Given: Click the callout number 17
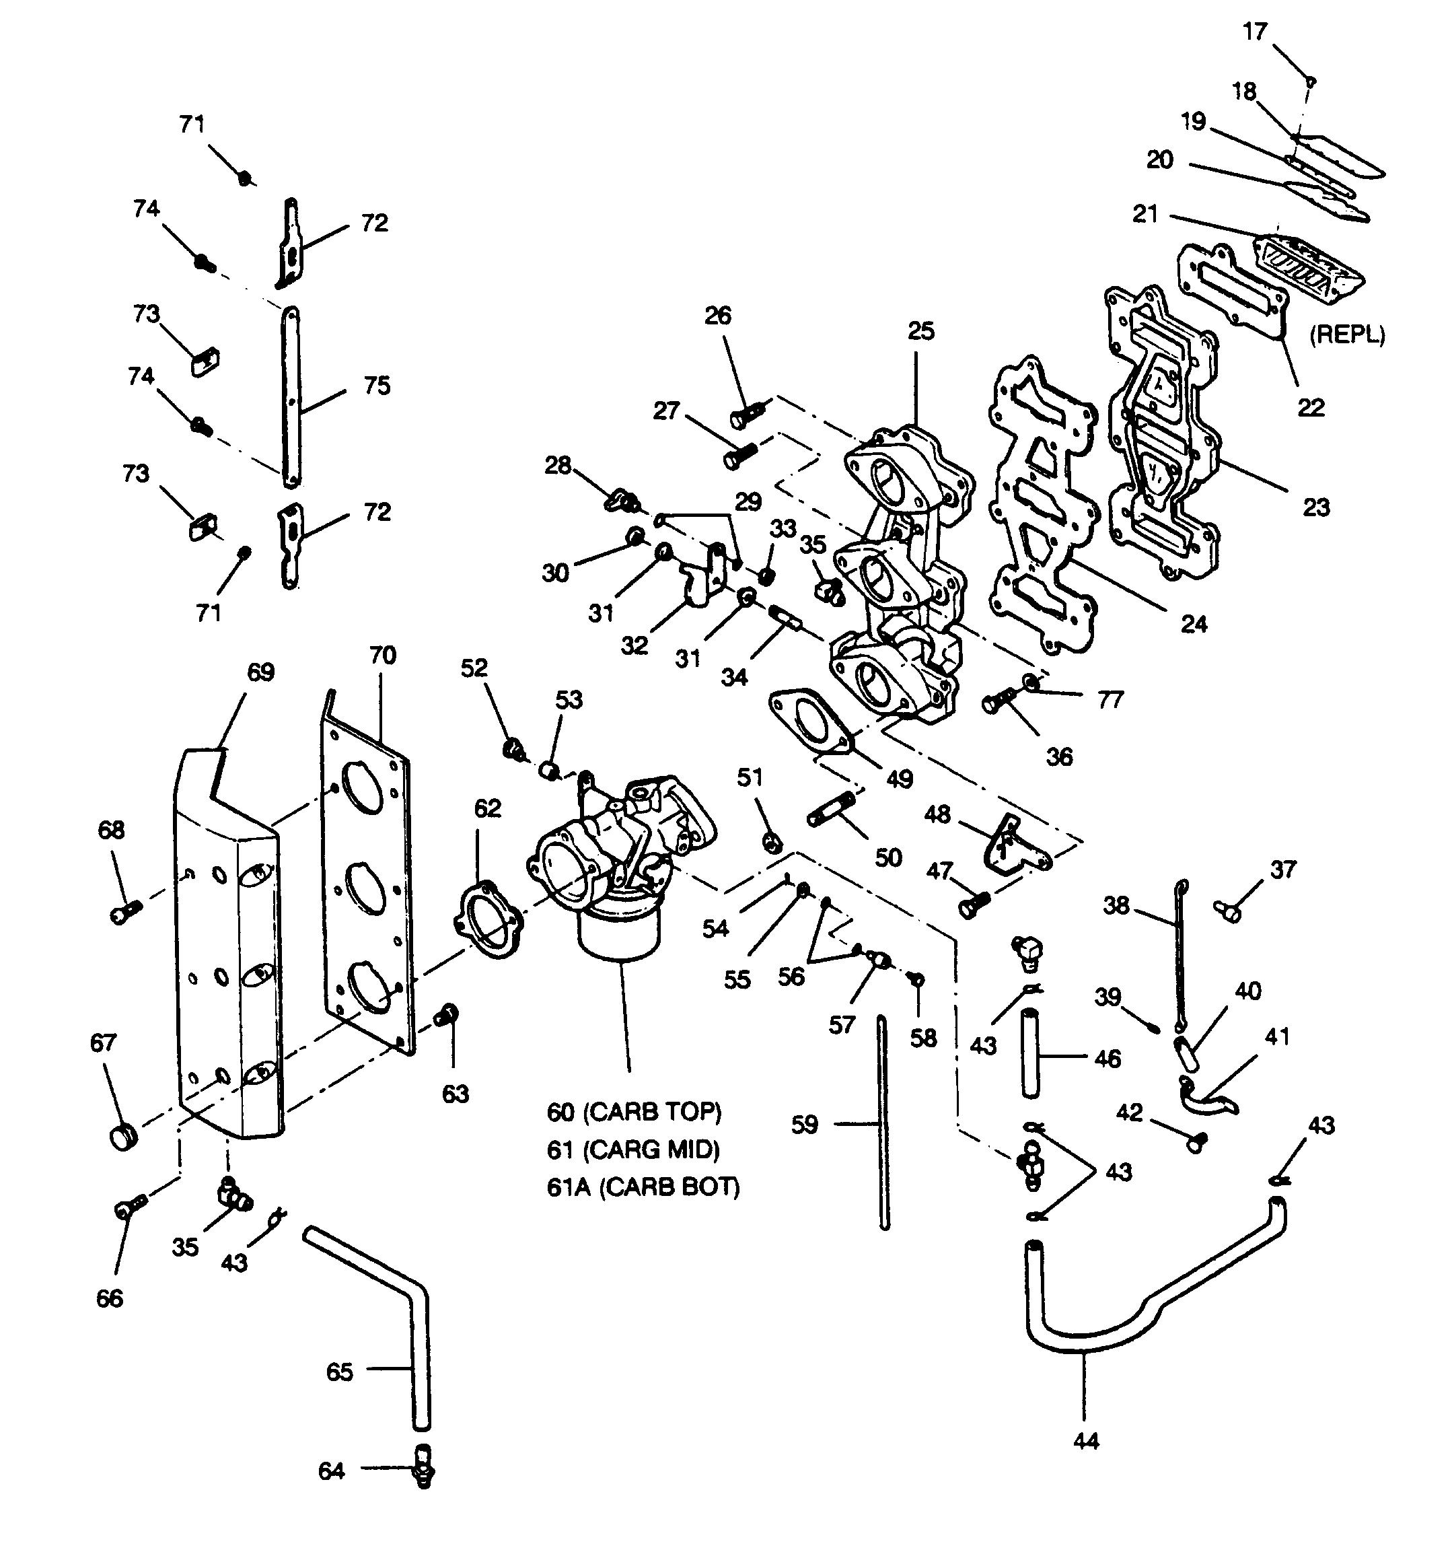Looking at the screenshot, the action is pyautogui.click(x=1254, y=32).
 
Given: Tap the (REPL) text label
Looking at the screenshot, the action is pyautogui.click(x=1347, y=334).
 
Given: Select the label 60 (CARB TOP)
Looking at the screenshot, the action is pyautogui.click(x=634, y=1112).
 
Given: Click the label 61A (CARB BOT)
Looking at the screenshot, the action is pyautogui.click(x=643, y=1187).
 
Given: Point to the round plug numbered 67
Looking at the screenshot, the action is pyautogui.click(x=122, y=1136).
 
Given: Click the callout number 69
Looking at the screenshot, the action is pyautogui.click(x=260, y=672).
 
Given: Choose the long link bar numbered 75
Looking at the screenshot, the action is pyautogui.click(x=290, y=397).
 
